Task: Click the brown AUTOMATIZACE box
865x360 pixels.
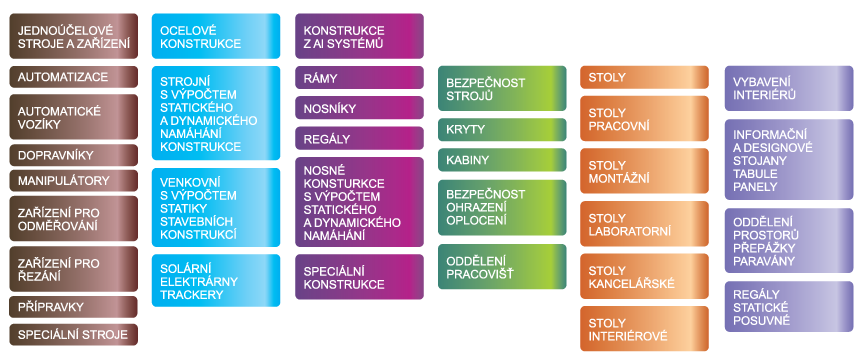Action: pos(73,77)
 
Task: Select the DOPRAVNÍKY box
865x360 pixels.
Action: pos(73,155)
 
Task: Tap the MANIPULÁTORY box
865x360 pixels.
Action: pos(73,181)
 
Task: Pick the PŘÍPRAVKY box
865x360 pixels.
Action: pos(73,307)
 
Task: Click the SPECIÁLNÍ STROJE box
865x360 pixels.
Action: pos(73,334)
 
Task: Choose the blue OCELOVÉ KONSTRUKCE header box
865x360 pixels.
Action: pos(216,36)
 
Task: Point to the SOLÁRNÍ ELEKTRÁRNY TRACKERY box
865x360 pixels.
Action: pos(216,281)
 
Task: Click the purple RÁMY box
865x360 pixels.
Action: pos(359,78)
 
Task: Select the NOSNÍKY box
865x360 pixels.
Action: pos(359,108)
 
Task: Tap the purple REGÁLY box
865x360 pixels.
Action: pos(359,138)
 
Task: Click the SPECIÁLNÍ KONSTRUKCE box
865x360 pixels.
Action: pos(359,277)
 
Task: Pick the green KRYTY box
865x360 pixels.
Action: pos(502,130)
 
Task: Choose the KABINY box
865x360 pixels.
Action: pos(502,160)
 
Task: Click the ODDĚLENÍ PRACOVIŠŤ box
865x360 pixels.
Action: pos(502,267)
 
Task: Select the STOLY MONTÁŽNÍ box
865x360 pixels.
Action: pos(644,171)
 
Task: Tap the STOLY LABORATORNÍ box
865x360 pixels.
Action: pos(644,224)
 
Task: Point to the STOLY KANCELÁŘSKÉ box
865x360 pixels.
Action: pos(644,276)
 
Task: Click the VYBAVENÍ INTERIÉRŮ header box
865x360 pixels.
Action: pos(789,88)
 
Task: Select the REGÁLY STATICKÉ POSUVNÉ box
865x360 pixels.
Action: pos(789,307)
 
